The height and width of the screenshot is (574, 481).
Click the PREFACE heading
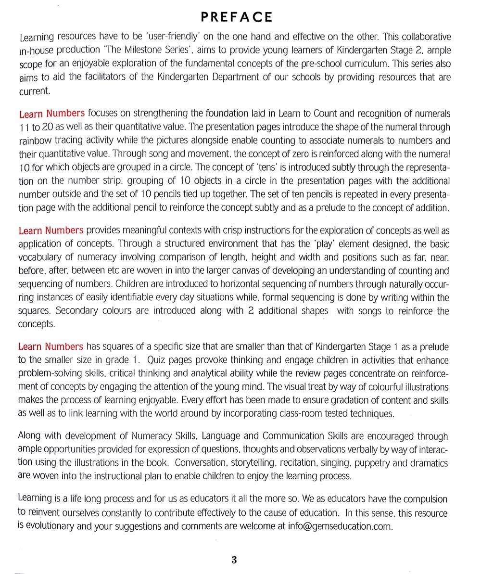tap(236, 17)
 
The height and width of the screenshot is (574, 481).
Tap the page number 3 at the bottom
tap(234, 560)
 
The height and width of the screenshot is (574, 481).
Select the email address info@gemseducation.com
tap(340, 525)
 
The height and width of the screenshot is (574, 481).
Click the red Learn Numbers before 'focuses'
tap(52, 114)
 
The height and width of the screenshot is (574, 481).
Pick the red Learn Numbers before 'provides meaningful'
tap(51, 230)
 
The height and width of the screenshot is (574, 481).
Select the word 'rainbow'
tap(34, 141)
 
